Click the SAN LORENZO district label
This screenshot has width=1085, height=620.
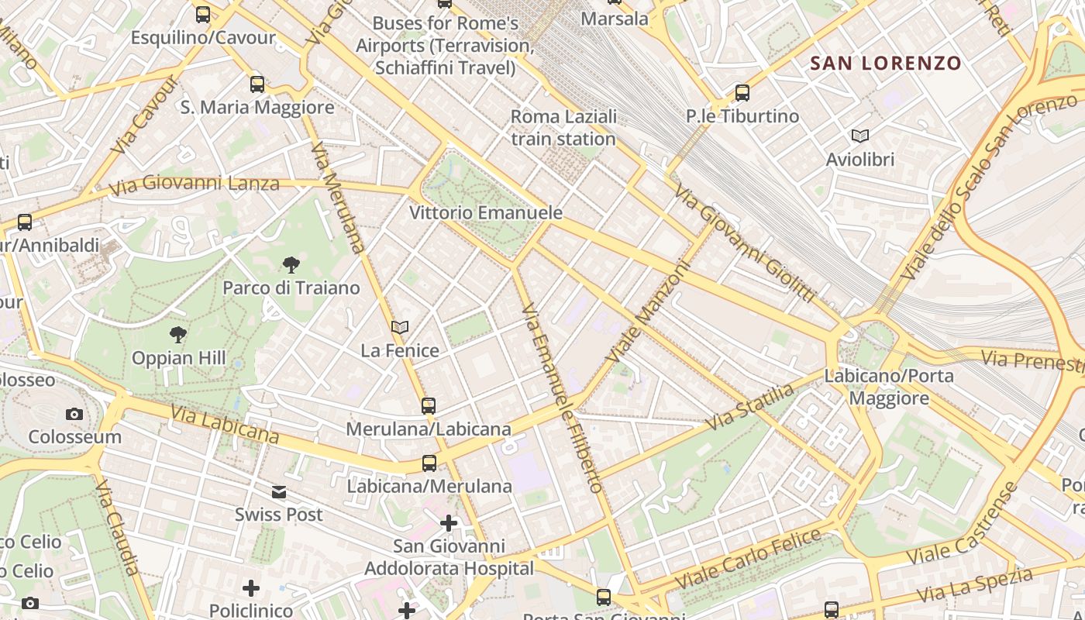click(x=886, y=64)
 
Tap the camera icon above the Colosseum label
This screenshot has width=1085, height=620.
click(x=74, y=414)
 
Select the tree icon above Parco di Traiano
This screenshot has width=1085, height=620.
click(x=291, y=265)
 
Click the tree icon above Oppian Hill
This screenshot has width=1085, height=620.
click(x=178, y=335)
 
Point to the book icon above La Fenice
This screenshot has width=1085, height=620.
click(x=400, y=328)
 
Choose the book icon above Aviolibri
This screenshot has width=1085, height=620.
click(x=860, y=136)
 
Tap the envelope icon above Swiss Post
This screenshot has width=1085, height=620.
click(x=279, y=491)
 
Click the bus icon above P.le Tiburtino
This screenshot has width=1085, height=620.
click(x=742, y=93)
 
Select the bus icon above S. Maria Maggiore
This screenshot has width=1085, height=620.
click(x=257, y=84)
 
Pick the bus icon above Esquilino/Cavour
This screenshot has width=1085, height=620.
click(x=203, y=14)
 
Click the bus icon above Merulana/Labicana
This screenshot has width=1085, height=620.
click(x=429, y=405)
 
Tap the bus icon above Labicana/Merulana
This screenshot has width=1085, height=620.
click(x=429, y=463)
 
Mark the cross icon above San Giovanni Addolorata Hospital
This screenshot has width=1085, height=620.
click(x=449, y=523)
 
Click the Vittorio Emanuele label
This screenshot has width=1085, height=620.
click(x=486, y=212)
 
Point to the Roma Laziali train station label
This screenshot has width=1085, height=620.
click(x=563, y=128)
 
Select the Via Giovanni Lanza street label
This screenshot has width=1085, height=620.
click(x=194, y=184)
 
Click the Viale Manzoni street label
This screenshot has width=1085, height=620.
click(x=649, y=312)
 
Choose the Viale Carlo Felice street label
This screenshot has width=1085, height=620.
click(x=748, y=558)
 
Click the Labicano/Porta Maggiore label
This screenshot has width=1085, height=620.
click(x=888, y=387)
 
